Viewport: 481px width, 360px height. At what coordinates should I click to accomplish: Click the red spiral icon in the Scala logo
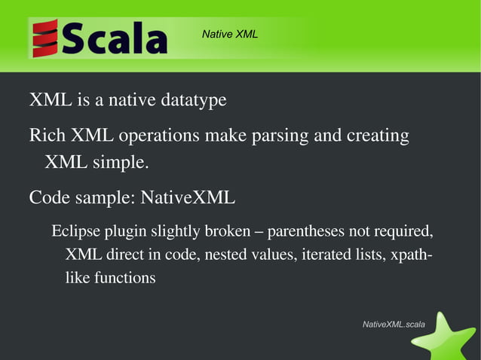(x=45, y=38)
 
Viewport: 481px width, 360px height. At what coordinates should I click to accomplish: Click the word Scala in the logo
(x=114, y=38)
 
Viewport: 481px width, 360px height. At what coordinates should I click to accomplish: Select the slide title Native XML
(x=230, y=34)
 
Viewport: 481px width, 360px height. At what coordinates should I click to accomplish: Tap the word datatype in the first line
(x=191, y=100)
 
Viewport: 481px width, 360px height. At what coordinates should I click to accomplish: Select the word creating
(x=378, y=137)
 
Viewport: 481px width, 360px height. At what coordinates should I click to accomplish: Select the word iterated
(x=326, y=255)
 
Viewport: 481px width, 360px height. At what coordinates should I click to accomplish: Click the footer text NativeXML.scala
(x=394, y=324)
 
